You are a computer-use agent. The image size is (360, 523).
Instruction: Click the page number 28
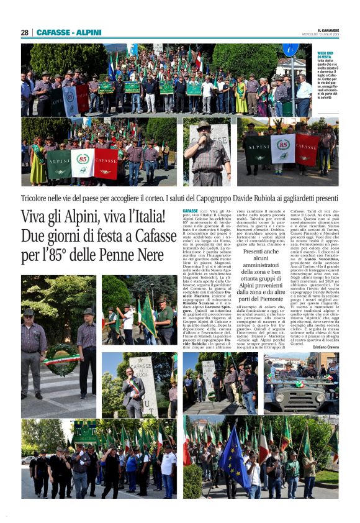click(25, 32)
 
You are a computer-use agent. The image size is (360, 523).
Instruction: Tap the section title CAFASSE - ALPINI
click(69, 32)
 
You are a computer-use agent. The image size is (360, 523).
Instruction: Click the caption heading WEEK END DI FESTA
click(327, 57)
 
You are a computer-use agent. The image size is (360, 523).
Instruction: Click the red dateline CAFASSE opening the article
click(191, 212)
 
